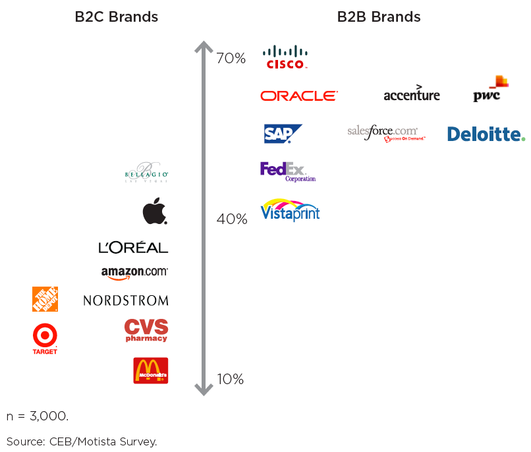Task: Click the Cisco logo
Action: [285, 57]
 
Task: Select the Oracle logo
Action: [299, 96]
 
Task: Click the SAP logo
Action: [283, 134]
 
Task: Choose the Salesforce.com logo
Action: [386, 132]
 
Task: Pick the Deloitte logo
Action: [486, 134]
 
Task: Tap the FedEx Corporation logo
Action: [287, 171]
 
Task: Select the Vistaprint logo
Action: [291, 210]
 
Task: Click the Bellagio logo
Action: [147, 173]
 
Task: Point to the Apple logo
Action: [155, 212]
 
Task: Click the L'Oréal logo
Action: [133, 248]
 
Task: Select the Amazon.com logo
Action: [134, 273]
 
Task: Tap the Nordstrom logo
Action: [126, 300]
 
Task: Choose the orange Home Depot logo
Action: [45, 299]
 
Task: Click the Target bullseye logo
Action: [45, 338]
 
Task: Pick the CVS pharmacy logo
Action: [146, 330]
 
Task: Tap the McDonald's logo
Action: [151, 370]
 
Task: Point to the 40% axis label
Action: [232, 219]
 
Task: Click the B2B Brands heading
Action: [379, 17]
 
